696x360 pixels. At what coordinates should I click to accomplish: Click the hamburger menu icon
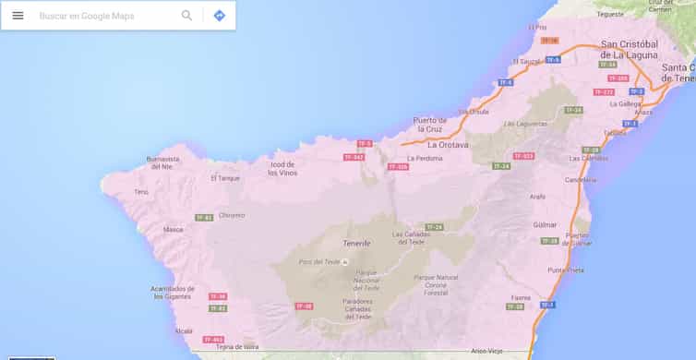point(18,16)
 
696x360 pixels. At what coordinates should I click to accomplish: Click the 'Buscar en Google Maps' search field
point(102,16)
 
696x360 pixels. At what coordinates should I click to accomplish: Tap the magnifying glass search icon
point(187,16)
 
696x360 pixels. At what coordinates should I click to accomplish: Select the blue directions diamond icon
point(219,16)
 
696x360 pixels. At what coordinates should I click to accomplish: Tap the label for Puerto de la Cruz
point(430,125)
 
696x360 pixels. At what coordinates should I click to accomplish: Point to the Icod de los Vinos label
point(282,169)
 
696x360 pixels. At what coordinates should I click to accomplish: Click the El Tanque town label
point(225,178)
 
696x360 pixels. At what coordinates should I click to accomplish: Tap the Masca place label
point(173,229)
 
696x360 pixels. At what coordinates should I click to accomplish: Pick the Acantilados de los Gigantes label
point(173,293)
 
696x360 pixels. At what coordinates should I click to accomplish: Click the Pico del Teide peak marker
point(344,262)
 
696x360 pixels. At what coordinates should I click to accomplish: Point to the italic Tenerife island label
point(355,243)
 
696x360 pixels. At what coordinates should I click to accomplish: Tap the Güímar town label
point(546,224)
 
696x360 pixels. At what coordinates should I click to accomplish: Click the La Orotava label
point(448,145)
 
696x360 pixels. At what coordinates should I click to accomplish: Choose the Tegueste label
point(610,15)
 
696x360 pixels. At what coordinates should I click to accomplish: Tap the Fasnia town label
point(521,297)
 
